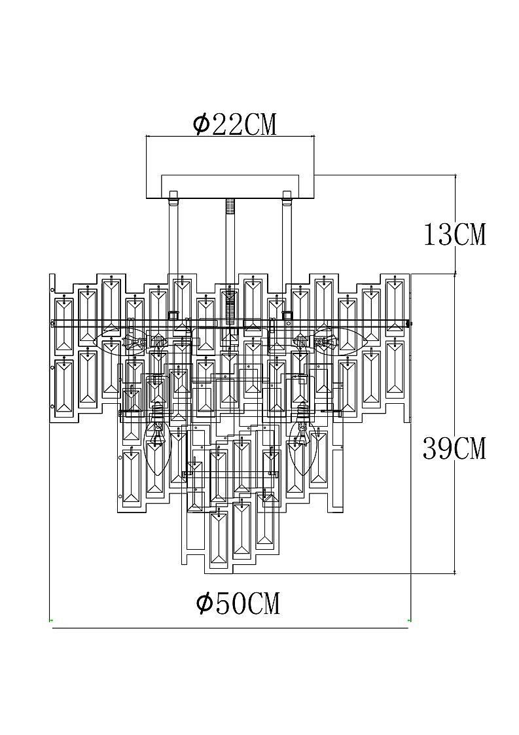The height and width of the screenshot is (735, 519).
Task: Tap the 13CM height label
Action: coord(454,234)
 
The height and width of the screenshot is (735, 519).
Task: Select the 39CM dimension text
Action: coord(454,448)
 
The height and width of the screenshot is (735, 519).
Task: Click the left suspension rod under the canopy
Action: coord(173,259)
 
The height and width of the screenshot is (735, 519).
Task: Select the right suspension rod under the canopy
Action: coord(287,259)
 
